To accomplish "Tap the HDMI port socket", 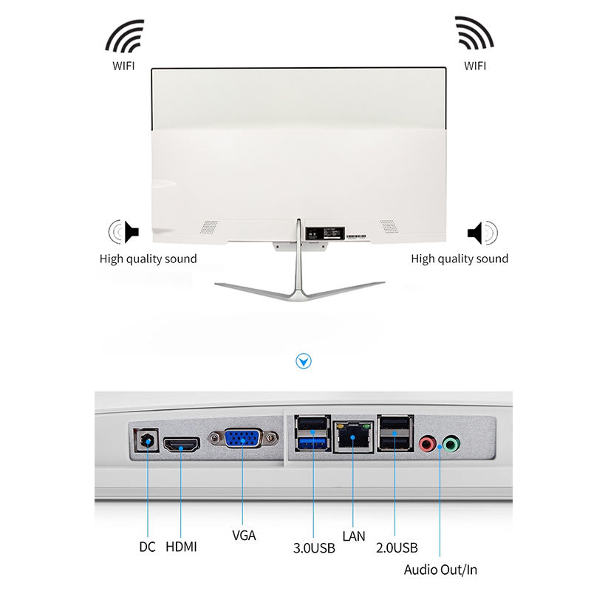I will coord(182,445).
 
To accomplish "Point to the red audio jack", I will coord(426,445).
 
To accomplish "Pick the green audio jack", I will coord(450,445).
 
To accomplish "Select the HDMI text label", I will coord(181,547).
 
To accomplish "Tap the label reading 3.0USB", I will coord(314,547).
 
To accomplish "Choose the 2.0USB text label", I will coord(396,547).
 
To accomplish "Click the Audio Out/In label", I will coord(441,570).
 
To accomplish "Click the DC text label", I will coord(147,547).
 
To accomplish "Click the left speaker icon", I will coord(123,232).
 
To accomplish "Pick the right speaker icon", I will coord(482,233).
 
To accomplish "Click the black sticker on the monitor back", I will coord(324,232).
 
